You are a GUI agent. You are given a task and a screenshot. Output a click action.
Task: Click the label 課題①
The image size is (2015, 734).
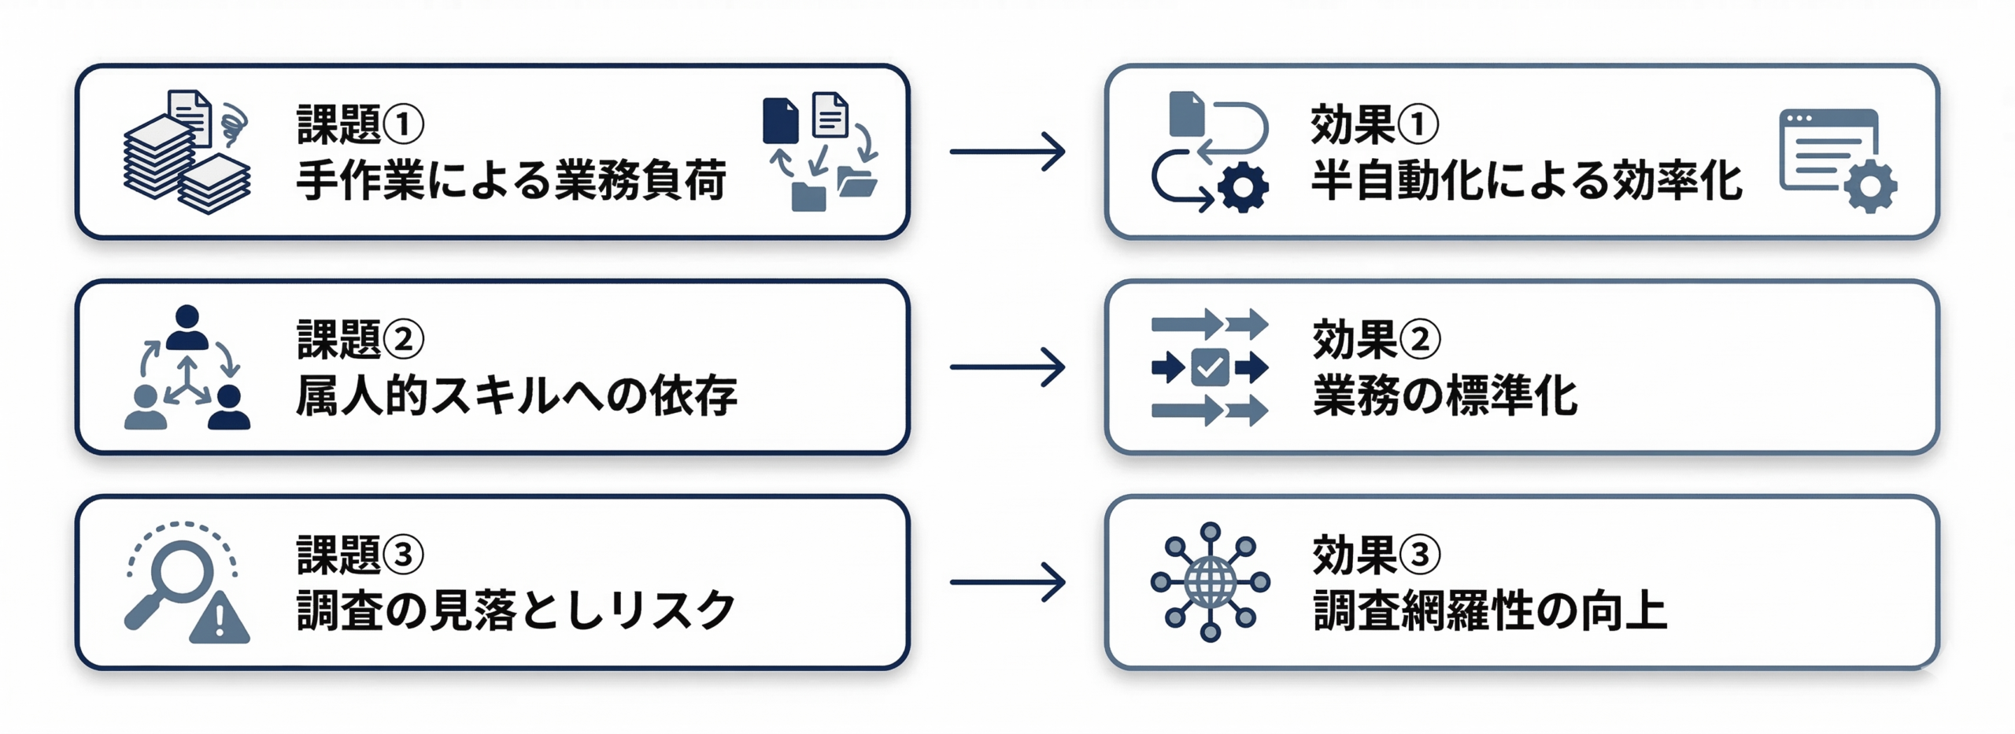(x=360, y=124)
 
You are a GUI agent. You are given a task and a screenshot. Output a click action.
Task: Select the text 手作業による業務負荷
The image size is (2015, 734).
(x=510, y=181)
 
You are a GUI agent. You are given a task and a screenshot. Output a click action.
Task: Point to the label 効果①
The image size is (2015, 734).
(x=1374, y=124)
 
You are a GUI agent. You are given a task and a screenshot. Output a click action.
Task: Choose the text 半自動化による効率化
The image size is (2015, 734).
(x=1525, y=181)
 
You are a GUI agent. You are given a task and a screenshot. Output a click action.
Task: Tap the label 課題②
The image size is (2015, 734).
(x=360, y=339)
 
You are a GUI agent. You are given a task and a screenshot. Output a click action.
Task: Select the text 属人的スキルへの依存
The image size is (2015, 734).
(x=516, y=396)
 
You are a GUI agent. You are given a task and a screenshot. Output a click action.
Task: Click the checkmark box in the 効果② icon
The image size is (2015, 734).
(x=1209, y=367)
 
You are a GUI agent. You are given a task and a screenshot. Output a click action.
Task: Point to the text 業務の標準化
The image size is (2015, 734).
(x=1444, y=396)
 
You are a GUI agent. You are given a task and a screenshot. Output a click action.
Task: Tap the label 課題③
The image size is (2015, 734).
(x=360, y=555)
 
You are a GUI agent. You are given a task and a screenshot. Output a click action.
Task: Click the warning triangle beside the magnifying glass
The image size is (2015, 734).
(x=220, y=620)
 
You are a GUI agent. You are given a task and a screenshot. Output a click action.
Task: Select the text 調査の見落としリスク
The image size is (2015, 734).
(x=516, y=610)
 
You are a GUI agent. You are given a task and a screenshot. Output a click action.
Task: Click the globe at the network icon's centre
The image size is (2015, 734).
(x=1210, y=583)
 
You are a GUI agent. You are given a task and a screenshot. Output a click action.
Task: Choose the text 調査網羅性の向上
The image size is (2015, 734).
(x=1489, y=610)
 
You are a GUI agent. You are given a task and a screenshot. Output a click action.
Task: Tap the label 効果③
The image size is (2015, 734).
(x=1375, y=555)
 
